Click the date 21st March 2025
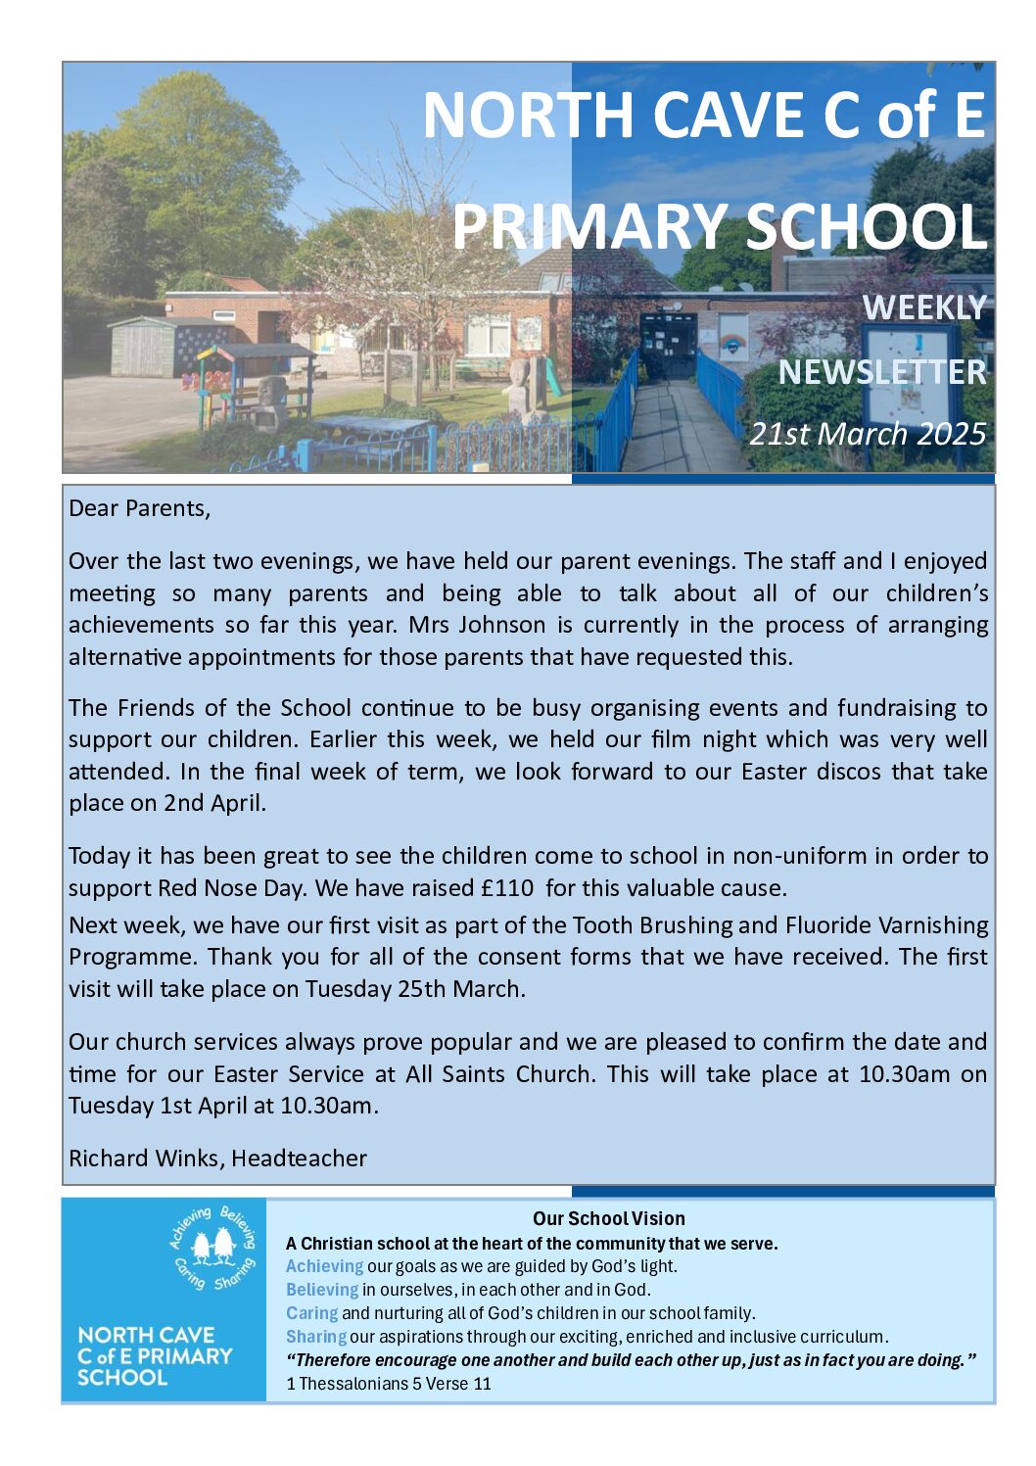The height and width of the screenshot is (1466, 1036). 868,433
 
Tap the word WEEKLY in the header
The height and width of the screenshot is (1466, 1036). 923,307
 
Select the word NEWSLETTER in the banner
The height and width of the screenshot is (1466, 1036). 882,372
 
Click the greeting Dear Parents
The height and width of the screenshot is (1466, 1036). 139,508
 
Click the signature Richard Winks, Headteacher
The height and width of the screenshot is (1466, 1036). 217,1159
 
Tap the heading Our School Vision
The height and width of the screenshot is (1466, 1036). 608,1218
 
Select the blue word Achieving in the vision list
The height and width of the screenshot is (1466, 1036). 324,1266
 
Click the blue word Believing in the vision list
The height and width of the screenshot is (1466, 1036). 322,1290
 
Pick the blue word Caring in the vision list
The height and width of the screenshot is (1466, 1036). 311,1313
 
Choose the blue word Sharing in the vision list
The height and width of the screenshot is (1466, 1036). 315,1337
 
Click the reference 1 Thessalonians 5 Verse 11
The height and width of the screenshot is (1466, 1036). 389,1384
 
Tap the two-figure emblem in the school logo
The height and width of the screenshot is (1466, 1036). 213,1247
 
